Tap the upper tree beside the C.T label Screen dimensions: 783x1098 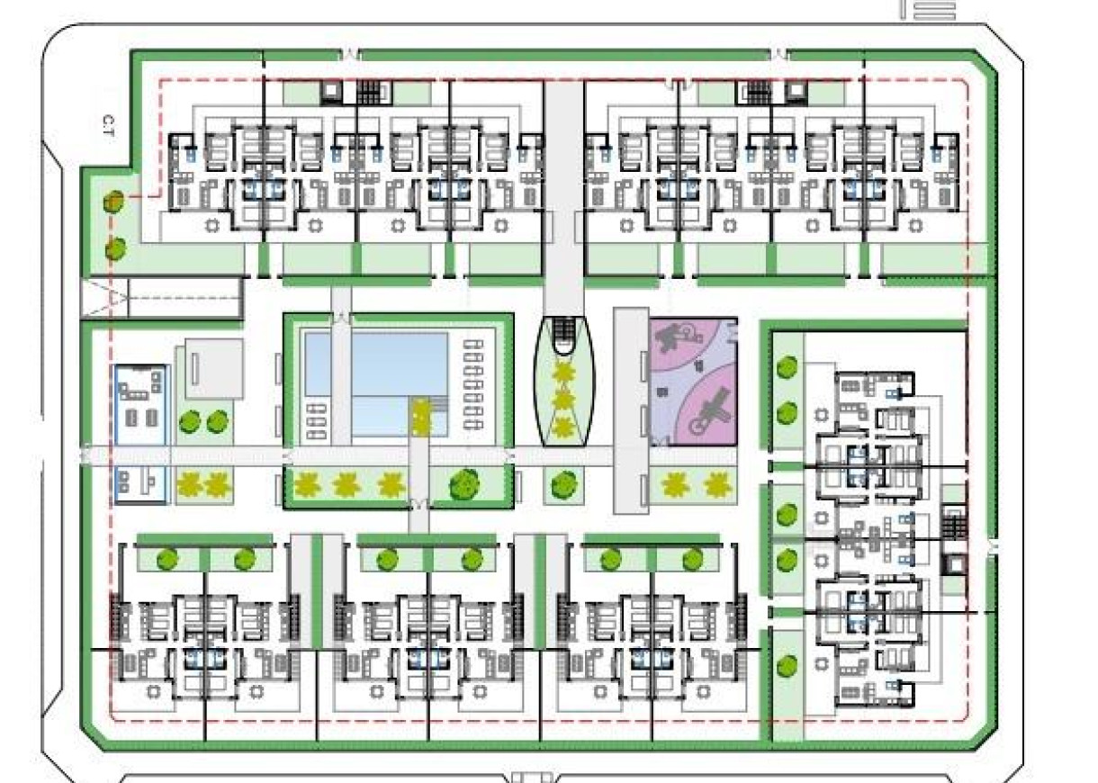113,201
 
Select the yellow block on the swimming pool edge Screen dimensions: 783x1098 420,416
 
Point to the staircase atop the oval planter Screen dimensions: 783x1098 564,335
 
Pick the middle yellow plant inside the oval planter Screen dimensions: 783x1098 565,398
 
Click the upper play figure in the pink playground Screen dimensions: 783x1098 671,339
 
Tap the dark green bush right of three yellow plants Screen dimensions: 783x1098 465,484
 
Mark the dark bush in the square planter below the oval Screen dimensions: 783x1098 562,483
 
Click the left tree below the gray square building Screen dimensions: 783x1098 189,421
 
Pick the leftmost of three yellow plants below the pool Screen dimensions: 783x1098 307,486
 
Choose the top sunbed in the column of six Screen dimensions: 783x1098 474,345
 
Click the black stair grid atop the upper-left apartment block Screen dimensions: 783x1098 370,91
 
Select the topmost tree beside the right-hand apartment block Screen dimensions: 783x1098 787,367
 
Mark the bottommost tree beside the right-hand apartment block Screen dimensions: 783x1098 787,666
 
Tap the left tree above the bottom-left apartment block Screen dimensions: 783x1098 166,560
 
